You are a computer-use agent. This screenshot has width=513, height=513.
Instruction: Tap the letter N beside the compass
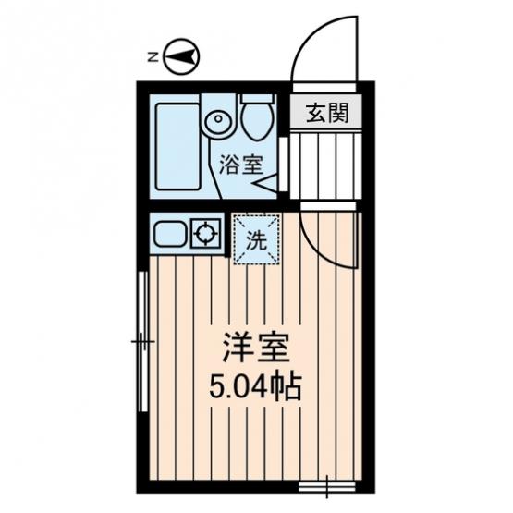pos(153,57)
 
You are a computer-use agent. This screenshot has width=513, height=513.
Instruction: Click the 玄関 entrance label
pos(327,113)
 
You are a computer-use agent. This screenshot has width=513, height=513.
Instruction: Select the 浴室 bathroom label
pos(241,165)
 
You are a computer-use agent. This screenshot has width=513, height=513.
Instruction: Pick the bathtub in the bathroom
pos(178,147)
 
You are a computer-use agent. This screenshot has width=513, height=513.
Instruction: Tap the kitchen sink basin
pos(170,234)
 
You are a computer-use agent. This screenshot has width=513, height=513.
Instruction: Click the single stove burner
pos(206,234)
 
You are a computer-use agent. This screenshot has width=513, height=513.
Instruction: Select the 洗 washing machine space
pos(257,239)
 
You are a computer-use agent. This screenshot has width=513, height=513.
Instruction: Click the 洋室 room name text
pos(256,348)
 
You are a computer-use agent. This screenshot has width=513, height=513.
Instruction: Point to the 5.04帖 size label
pos(255,387)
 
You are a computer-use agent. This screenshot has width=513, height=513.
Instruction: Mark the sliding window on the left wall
pos(143,342)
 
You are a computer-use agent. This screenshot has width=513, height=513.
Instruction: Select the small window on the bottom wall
pos(327,486)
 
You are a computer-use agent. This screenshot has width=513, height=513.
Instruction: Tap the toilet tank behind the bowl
pos(257,98)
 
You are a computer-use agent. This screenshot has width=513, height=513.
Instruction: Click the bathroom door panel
pos(284,165)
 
